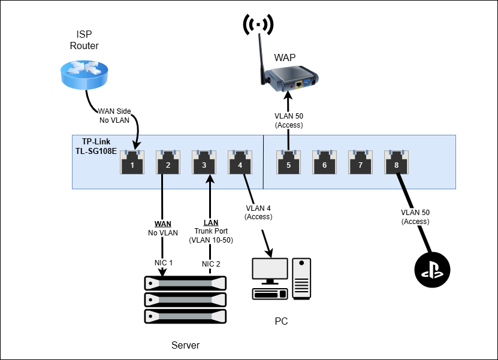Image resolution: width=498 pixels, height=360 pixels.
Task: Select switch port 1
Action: coord(132,162)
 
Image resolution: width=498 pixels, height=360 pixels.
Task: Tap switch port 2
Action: coord(168,162)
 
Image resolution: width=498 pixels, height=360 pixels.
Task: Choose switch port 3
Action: coord(204,162)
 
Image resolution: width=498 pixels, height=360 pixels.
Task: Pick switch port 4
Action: coord(240,162)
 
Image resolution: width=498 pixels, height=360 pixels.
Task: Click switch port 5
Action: coord(288,162)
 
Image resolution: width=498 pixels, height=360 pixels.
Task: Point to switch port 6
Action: coord(324,162)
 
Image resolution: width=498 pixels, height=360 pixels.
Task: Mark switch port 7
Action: coord(360,162)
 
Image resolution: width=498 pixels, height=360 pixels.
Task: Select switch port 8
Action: coord(396,162)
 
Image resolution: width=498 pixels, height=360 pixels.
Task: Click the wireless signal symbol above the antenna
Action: coord(258,24)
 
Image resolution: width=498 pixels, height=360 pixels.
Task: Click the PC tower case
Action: coord(301,279)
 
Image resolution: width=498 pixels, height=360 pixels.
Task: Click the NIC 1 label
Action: coord(162,263)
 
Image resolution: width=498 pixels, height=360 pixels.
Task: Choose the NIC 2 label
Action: coord(210,263)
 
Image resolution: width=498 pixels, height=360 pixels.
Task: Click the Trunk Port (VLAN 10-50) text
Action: coord(210,235)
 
